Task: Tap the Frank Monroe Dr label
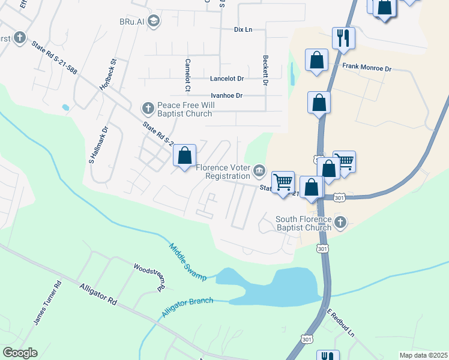point(367,68)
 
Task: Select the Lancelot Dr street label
point(227,79)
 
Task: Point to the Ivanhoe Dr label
point(226,95)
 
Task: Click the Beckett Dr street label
point(265,70)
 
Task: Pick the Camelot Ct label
point(188,75)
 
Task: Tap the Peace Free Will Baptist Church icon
point(148,109)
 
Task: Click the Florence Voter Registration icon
point(259,171)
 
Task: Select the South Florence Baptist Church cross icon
point(340,223)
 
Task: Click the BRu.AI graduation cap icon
point(153,22)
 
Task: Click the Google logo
point(20,353)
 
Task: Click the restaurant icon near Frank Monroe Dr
point(343,38)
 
